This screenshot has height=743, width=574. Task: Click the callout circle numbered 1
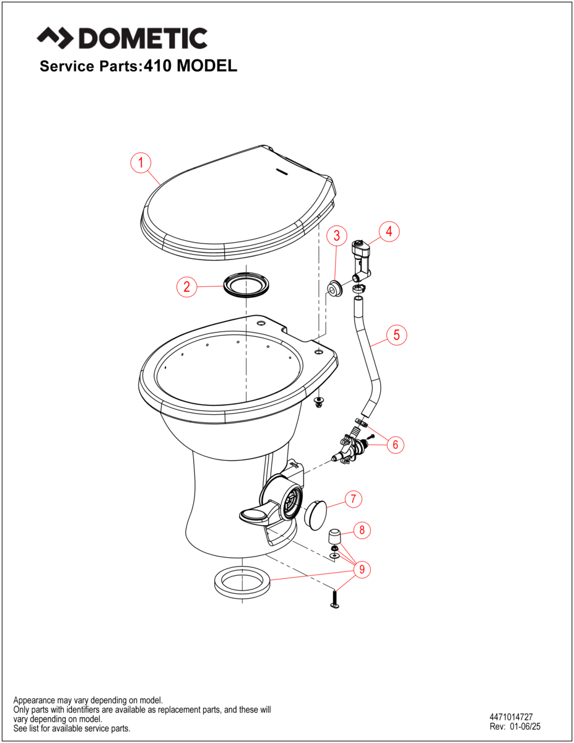[141, 163]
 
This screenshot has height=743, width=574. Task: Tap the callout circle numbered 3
[336, 235]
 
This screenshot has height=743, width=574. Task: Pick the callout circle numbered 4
[389, 232]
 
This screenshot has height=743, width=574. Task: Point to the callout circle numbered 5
[397, 335]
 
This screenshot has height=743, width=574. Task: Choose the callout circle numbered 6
[396, 444]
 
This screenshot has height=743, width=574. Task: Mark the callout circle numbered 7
[353, 500]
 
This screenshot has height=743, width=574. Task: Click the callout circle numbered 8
[361, 529]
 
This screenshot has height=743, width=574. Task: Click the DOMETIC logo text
[122, 38]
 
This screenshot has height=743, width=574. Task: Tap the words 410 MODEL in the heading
[191, 66]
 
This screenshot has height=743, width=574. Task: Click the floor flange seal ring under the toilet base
[242, 582]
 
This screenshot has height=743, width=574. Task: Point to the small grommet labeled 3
[334, 288]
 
